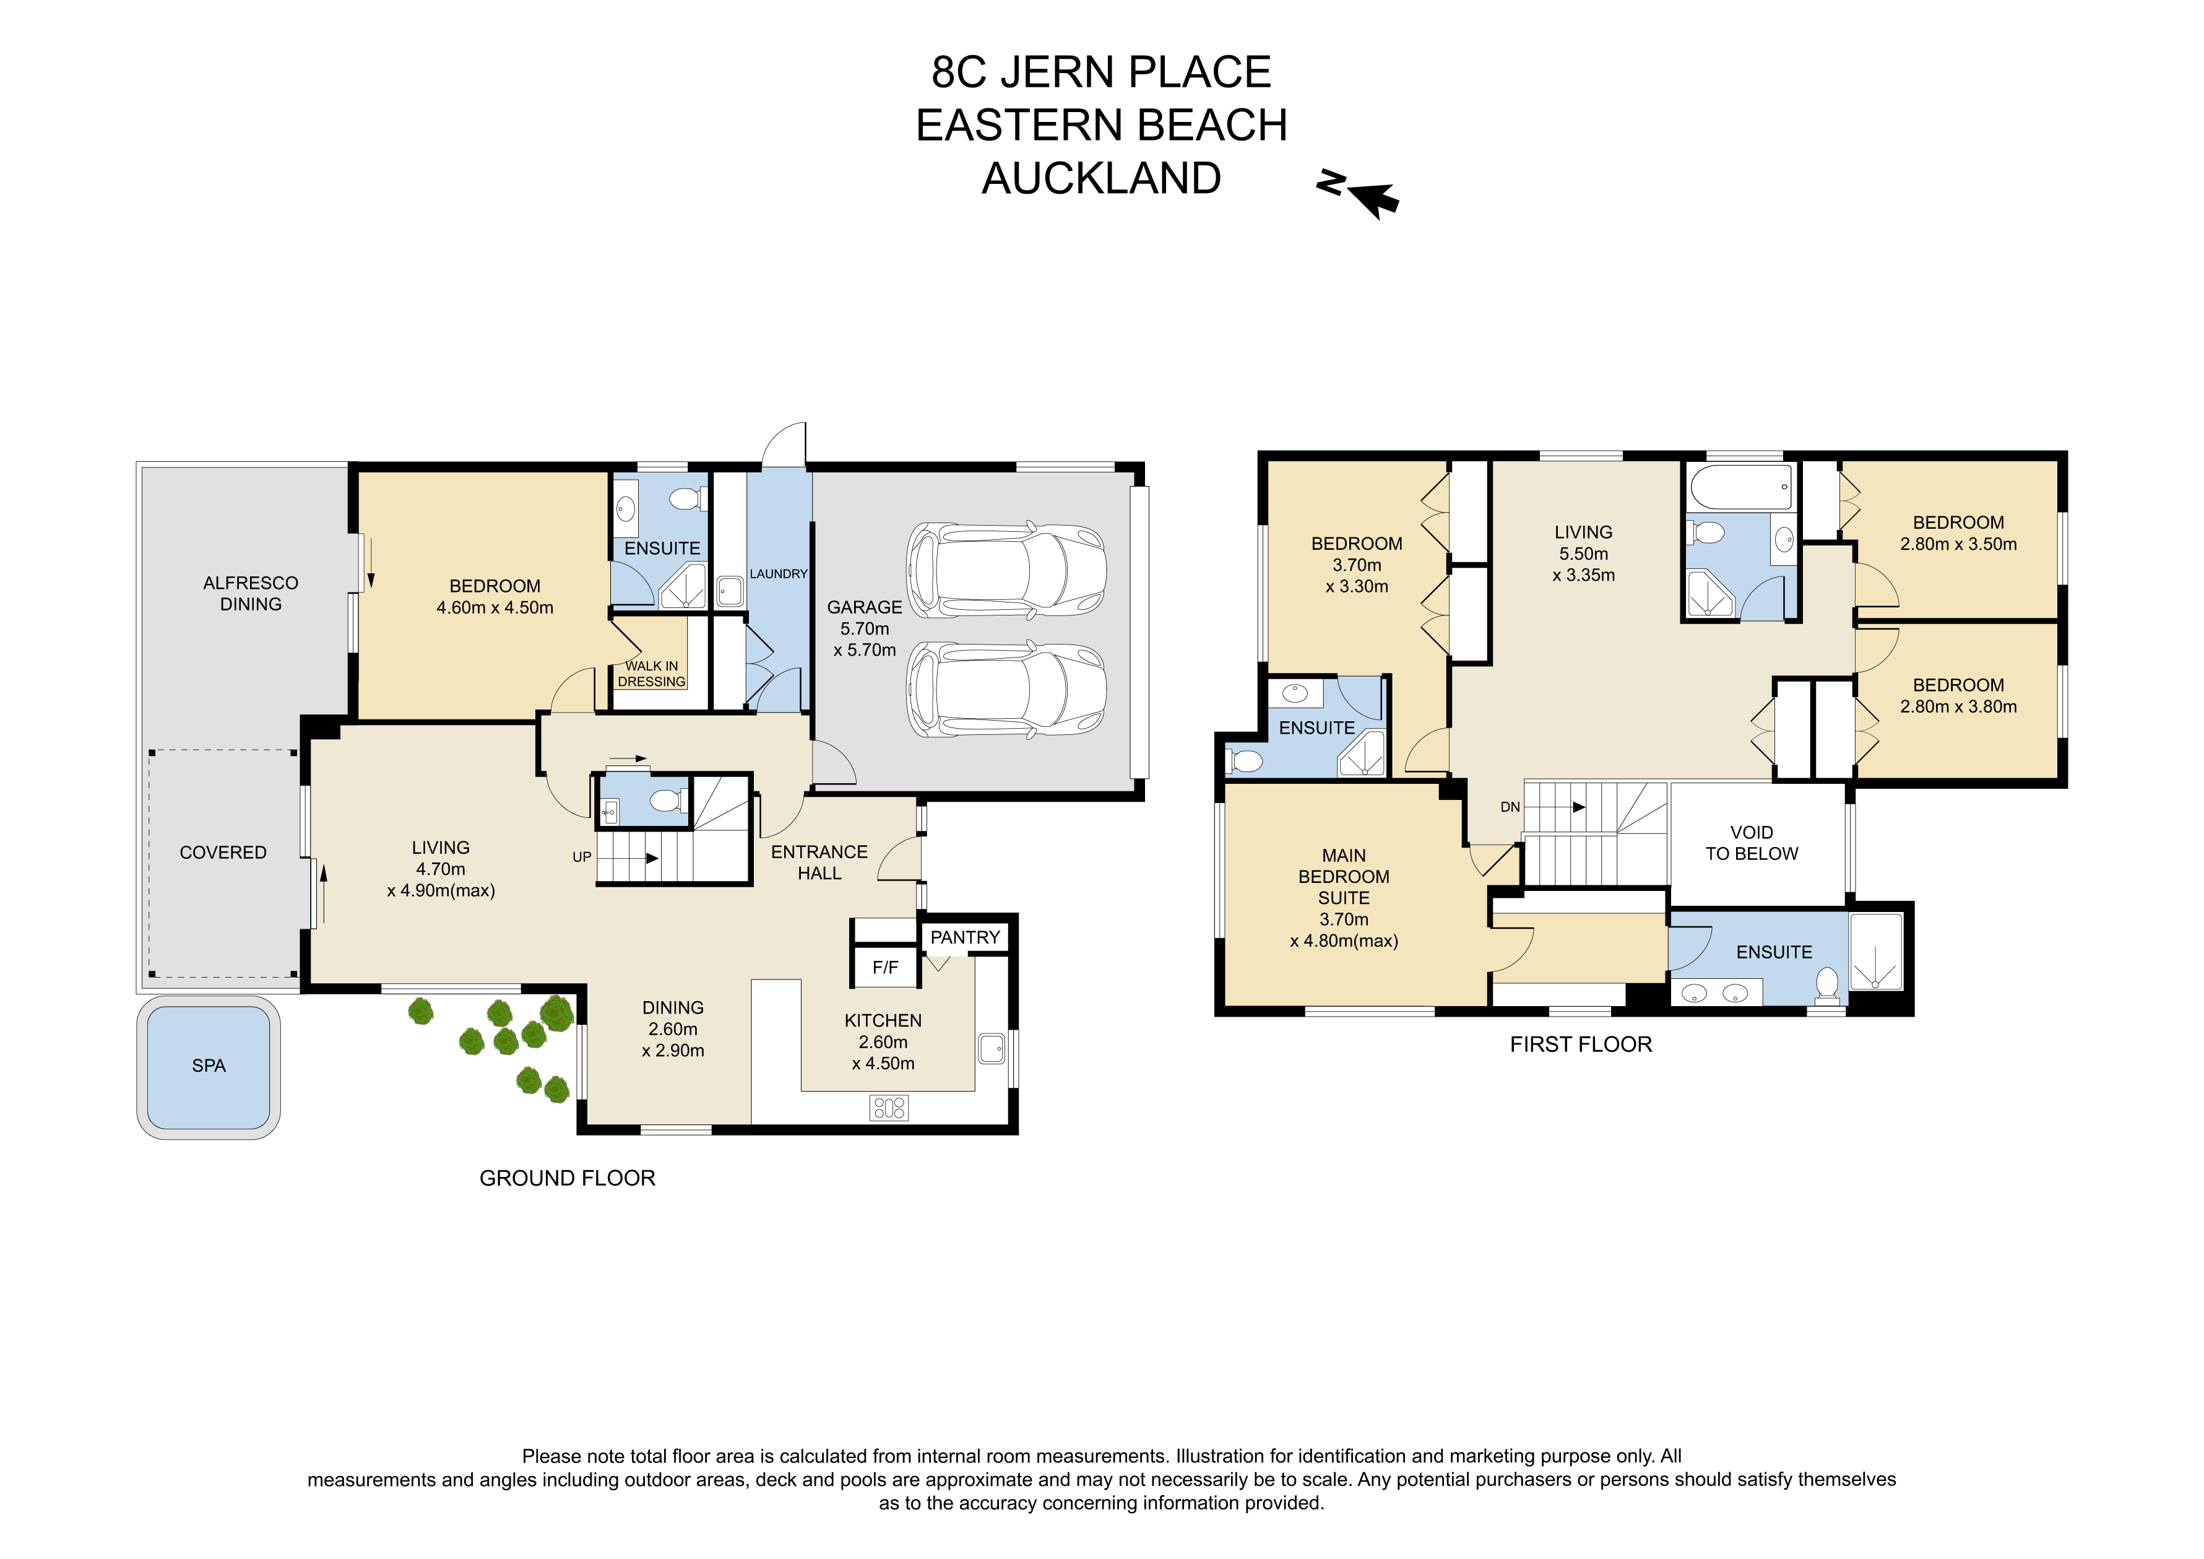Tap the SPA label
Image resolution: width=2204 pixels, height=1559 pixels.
click(209, 1066)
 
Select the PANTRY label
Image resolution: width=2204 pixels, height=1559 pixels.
click(965, 937)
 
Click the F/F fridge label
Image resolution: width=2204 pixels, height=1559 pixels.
click(885, 968)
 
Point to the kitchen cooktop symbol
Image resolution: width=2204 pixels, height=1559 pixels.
click(889, 1108)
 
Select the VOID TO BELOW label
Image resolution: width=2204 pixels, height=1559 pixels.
click(1752, 843)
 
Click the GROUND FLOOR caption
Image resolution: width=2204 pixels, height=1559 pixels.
click(568, 1178)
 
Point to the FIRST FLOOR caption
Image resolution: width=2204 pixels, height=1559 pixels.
click(1581, 1044)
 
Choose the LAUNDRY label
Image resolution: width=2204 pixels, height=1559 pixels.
click(779, 574)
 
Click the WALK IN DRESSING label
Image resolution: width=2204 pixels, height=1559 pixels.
click(652, 674)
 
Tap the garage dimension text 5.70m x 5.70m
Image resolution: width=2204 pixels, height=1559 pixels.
click(865, 640)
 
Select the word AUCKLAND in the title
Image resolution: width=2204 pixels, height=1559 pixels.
click(1101, 178)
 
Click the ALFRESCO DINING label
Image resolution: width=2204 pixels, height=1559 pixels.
click(251, 593)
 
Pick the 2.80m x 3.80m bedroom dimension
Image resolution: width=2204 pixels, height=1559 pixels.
click(1958, 706)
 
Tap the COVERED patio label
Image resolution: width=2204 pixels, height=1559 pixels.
click(223, 853)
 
